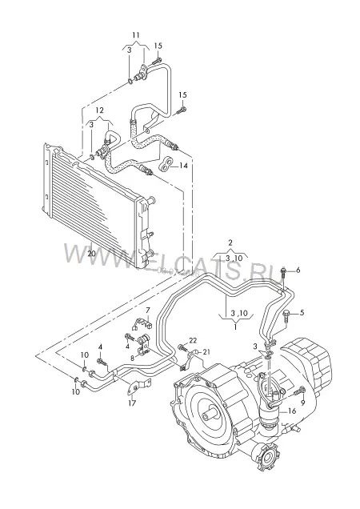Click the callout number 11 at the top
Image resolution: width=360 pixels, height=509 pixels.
click(x=136, y=34)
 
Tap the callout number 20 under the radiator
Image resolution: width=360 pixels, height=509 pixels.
click(x=91, y=253)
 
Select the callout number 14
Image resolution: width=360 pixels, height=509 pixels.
click(x=183, y=166)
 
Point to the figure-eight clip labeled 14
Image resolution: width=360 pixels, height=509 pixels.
click(x=166, y=163)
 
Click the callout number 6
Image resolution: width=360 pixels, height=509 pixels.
click(x=298, y=270)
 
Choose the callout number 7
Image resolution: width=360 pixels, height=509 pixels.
click(x=148, y=310)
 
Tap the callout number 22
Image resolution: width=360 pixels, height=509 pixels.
click(x=193, y=340)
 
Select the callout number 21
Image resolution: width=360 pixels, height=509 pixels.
click(x=206, y=351)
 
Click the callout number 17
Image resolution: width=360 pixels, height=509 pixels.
click(x=132, y=403)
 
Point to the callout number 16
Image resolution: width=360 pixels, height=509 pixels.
click(x=292, y=411)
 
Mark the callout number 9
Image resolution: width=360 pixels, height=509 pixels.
click(x=303, y=403)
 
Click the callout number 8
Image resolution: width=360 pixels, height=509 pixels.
click(x=132, y=358)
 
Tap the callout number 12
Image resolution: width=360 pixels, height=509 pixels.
click(x=99, y=110)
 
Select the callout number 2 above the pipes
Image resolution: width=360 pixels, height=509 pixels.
click(x=230, y=242)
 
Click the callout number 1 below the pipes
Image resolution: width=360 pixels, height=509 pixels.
click(x=235, y=327)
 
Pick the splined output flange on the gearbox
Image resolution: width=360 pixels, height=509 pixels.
click(x=268, y=457)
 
